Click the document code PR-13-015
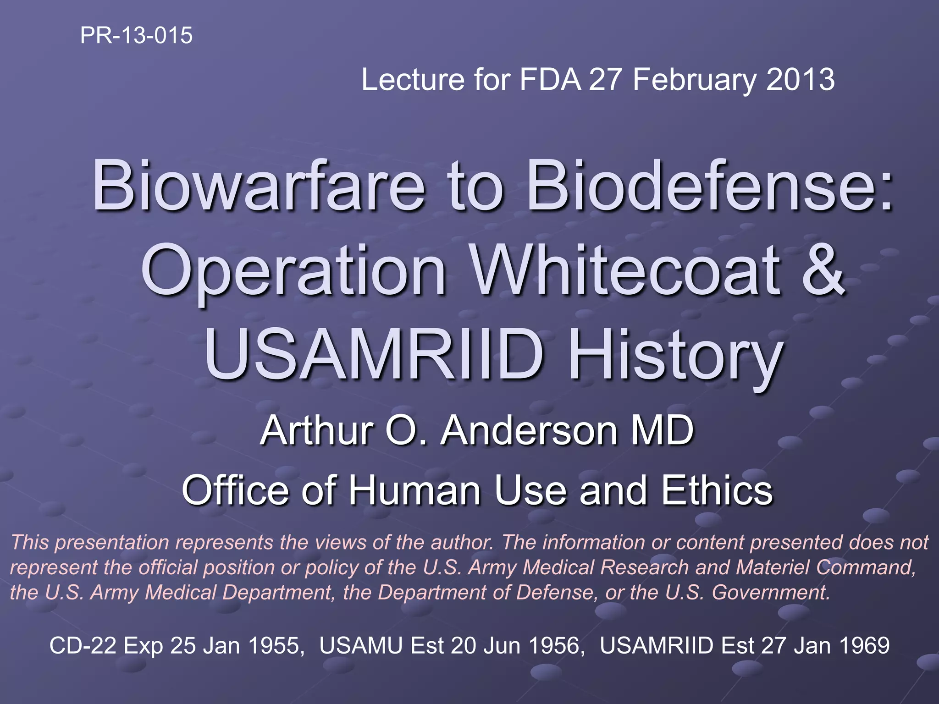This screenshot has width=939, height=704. (x=136, y=35)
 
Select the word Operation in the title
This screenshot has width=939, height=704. (x=294, y=271)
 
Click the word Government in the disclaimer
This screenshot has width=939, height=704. (x=770, y=592)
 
